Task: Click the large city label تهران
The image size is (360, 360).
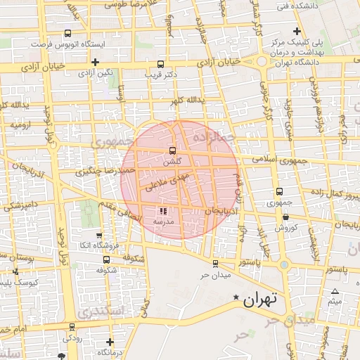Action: click(260, 299)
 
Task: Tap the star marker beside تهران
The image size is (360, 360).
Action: click(236, 298)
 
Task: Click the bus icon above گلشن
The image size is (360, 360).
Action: click(172, 150)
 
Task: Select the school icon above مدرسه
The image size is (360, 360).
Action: click(163, 210)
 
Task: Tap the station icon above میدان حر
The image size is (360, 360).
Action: click(215, 264)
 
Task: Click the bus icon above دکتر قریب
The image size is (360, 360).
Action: click(161, 63)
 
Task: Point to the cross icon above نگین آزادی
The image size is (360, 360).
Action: click(95, 62)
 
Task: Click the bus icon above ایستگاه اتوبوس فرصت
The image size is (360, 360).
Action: click(67, 33)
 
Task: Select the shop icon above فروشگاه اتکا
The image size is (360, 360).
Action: click(98, 236)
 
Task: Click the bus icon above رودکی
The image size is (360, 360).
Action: click(72, 327)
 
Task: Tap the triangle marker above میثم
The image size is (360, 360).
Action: click(335, 291)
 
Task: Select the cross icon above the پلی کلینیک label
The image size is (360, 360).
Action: click(297, 32)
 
